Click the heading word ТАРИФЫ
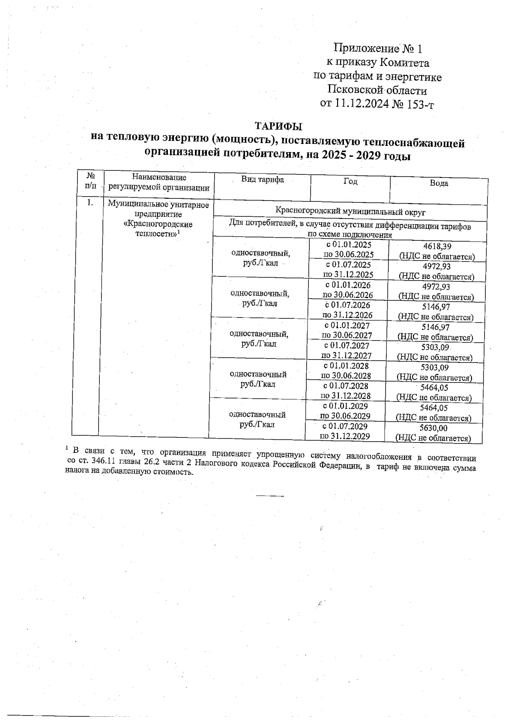(x=278, y=126)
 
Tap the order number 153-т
(x=418, y=104)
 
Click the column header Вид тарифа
(x=263, y=180)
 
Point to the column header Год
(x=350, y=181)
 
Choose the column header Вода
(x=439, y=183)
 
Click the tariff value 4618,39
(x=437, y=246)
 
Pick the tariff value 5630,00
(x=433, y=428)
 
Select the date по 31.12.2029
(x=345, y=436)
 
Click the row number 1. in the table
(x=90, y=203)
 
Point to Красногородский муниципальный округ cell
(x=350, y=212)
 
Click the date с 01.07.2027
(x=347, y=345)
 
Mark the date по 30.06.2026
(x=347, y=295)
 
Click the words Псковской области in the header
(x=377, y=90)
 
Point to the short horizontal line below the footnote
(x=270, y=496)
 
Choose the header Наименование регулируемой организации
(x=159, y=182)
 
